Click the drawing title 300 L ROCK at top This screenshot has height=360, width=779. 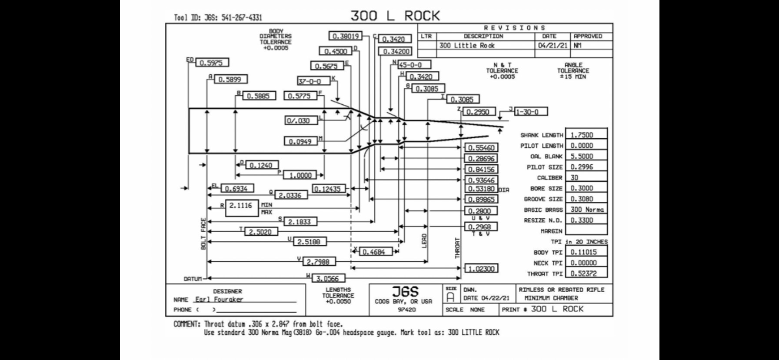click(x=395, y=16)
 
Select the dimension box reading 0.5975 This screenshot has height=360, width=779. click(x=212, y=63)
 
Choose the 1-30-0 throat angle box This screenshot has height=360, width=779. click(x=531, y=112)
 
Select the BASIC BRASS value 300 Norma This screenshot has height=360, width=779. click(x=587, y=210)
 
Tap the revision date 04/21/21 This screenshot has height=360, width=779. click(x=552, y=45)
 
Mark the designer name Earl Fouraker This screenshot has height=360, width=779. click(x=219, y=299)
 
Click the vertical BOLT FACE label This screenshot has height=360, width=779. click(x=203, y=233)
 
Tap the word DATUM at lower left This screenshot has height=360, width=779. click(x=193, y=279)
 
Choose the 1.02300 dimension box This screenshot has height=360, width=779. click(x=481, y=269)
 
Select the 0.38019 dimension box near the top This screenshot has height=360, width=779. click(x=345, y=36)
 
